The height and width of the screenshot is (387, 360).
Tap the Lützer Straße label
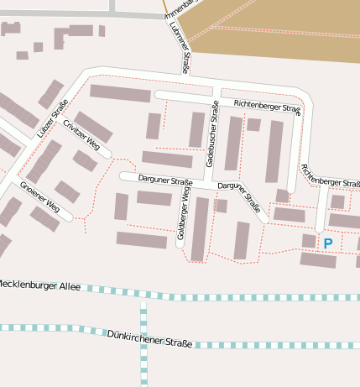(52, 119)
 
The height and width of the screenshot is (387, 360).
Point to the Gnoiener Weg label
(39, 196)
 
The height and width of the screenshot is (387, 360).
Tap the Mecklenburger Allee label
(40, 285)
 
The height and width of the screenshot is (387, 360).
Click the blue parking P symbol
(328, 243)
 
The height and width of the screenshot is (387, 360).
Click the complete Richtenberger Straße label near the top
(267, 106)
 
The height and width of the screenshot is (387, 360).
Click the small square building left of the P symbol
(309, 241)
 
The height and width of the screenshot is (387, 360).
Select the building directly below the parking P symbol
(319, 260)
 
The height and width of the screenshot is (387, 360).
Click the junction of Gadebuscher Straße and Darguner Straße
(209, 181)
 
